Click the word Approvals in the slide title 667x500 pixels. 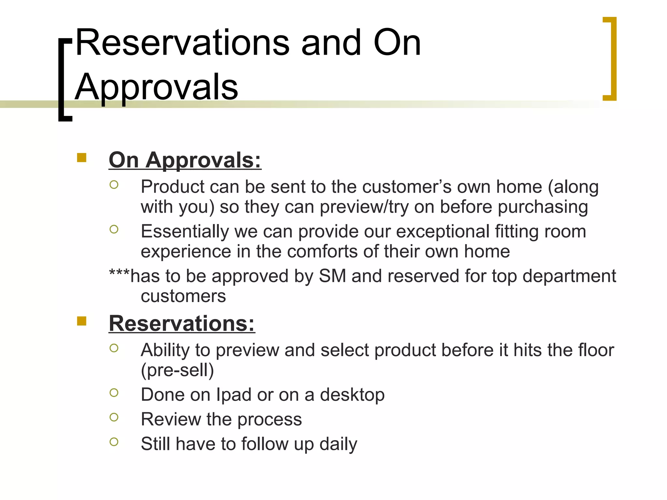point(157,87)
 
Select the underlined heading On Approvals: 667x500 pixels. point(185,160)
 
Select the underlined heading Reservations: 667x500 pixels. point(182,324)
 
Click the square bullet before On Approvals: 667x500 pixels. point(82,158)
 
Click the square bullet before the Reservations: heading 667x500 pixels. point(82,321)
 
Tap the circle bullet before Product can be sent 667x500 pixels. point(114,185)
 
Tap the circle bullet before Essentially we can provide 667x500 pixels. point(114,229)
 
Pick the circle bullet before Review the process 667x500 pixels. point(114,417)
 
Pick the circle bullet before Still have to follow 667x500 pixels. point(114,442)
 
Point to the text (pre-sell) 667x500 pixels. point(177,370)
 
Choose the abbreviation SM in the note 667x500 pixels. point(333,276)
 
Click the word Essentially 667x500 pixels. point(185,232)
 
